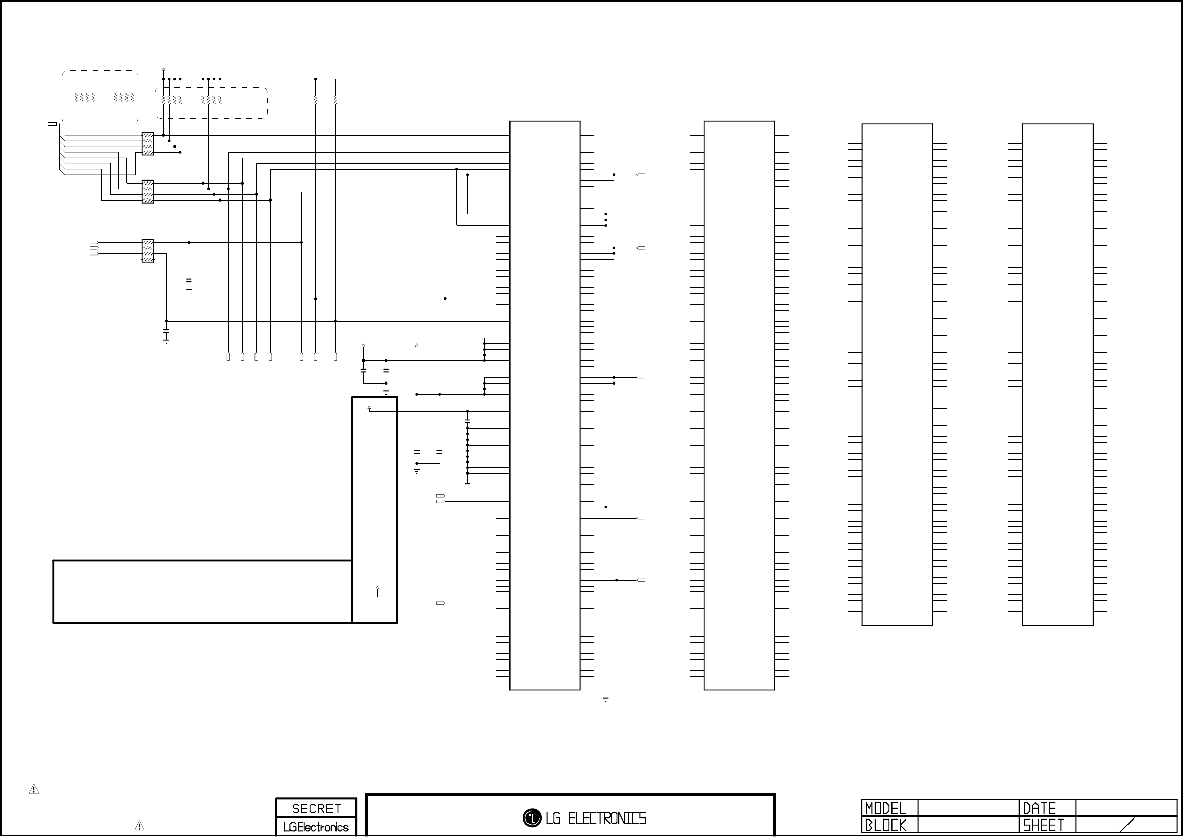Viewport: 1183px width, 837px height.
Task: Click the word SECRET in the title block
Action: (x=316, y=809)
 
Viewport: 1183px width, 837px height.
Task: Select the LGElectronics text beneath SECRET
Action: (x=316, y=827)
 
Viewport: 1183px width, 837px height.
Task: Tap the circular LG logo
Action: (x=532, y=818)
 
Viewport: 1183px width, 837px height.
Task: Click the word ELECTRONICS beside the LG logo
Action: (x=607, y=818)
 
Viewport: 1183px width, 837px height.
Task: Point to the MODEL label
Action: (x=885, y=808)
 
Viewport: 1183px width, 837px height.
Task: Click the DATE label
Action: (x=1039, y=808)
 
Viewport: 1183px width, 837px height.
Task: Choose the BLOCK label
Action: (x=885, y=826)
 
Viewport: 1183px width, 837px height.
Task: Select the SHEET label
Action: (x=1043, y=826)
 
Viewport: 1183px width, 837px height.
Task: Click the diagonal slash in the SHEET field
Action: (x=1127, y=825)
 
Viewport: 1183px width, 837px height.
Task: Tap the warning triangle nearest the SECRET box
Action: (x=139, y=826)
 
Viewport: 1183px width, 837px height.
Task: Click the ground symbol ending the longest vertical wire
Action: (x=606, y=699)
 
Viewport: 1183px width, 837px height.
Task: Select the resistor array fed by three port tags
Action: (x=148, y=250)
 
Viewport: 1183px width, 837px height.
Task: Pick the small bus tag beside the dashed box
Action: (x=52, y=124)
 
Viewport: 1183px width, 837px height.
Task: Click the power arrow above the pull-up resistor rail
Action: (x=163, y=69)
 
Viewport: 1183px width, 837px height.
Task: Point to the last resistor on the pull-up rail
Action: (x=335, y=99)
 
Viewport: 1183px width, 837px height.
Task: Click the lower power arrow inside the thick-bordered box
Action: (x=378, y=588)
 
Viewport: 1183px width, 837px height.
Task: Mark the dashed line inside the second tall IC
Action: (x=739, y=623)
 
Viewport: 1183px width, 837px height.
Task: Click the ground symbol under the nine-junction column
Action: (x=467, y=485)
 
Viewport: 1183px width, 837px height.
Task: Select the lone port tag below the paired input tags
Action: (x=441, y=603)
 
